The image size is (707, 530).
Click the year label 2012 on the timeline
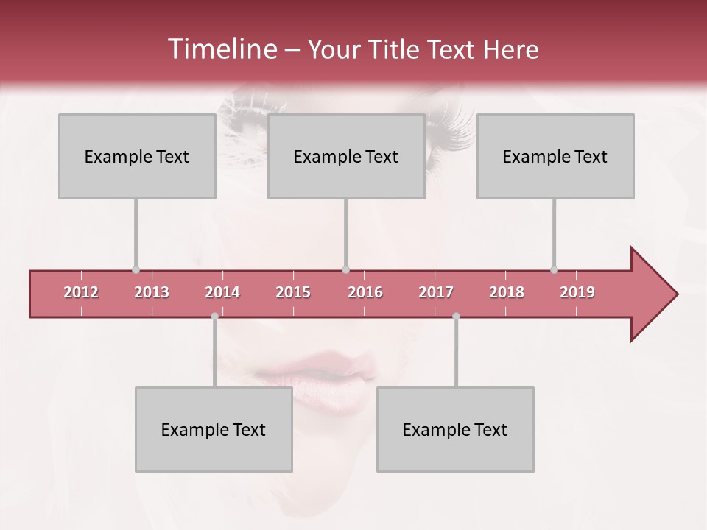click(x=81, y=292)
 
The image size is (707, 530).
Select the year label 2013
click(x=152, y=292)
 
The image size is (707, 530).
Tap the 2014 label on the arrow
click(x=222, y=292)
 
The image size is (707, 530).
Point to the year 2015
click(x=293, y=292)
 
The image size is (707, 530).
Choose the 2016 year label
click(x=365, y=292)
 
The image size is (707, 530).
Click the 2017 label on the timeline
click(x=436, y=292)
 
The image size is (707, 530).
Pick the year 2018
click(x=507, y=292)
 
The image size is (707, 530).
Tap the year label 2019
click(x=577, y=292)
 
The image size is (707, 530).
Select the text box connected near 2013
click(x=137, y=156)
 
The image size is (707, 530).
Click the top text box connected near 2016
click(x=346, y=156)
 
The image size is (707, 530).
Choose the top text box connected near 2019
click(x=555, y=156)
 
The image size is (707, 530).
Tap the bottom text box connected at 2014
click(x=214, y=429)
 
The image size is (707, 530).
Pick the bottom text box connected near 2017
click(x=455, y=429)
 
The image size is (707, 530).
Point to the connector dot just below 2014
click(x=214, y=316)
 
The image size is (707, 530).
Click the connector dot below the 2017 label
click(x=456, y=316)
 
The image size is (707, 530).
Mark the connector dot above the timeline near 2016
click(x=345, y=269)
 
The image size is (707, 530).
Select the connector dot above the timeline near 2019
click(x=554, y=269)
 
